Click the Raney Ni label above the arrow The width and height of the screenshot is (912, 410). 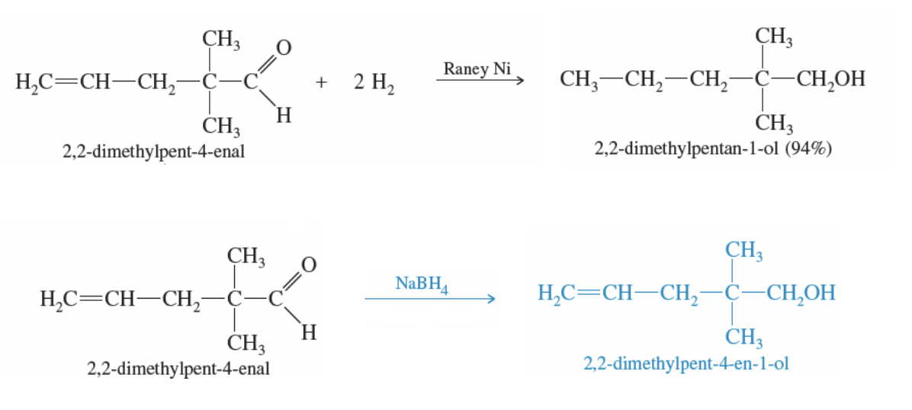[477, 69]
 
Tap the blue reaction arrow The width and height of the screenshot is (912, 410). [431, 299]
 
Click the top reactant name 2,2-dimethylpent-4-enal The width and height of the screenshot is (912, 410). [153, 152]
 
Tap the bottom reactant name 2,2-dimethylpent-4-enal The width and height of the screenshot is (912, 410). [178, 370]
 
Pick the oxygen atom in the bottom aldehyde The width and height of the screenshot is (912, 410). [308, 265]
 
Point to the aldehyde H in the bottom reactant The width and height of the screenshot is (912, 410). [309, 333]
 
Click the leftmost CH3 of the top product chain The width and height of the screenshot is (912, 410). [579, 79]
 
